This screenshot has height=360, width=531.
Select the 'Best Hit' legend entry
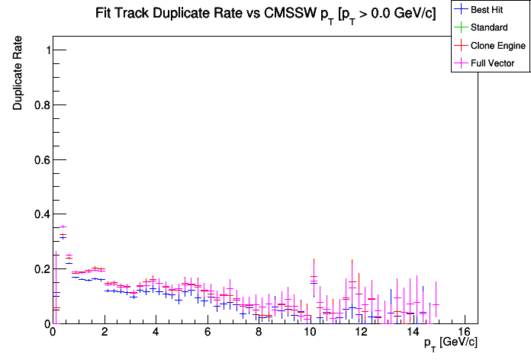click(491, 10)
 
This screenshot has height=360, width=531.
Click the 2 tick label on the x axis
click(104, 333)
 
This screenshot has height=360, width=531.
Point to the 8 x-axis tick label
click(259, 333)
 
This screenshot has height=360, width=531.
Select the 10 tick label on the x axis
click(310, 333)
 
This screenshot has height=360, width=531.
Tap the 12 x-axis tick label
click(362, 333)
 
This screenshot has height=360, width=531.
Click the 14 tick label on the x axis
click(413, 333)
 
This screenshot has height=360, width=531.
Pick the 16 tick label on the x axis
click(465, 333)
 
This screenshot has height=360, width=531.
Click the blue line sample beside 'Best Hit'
click(461, 10)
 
